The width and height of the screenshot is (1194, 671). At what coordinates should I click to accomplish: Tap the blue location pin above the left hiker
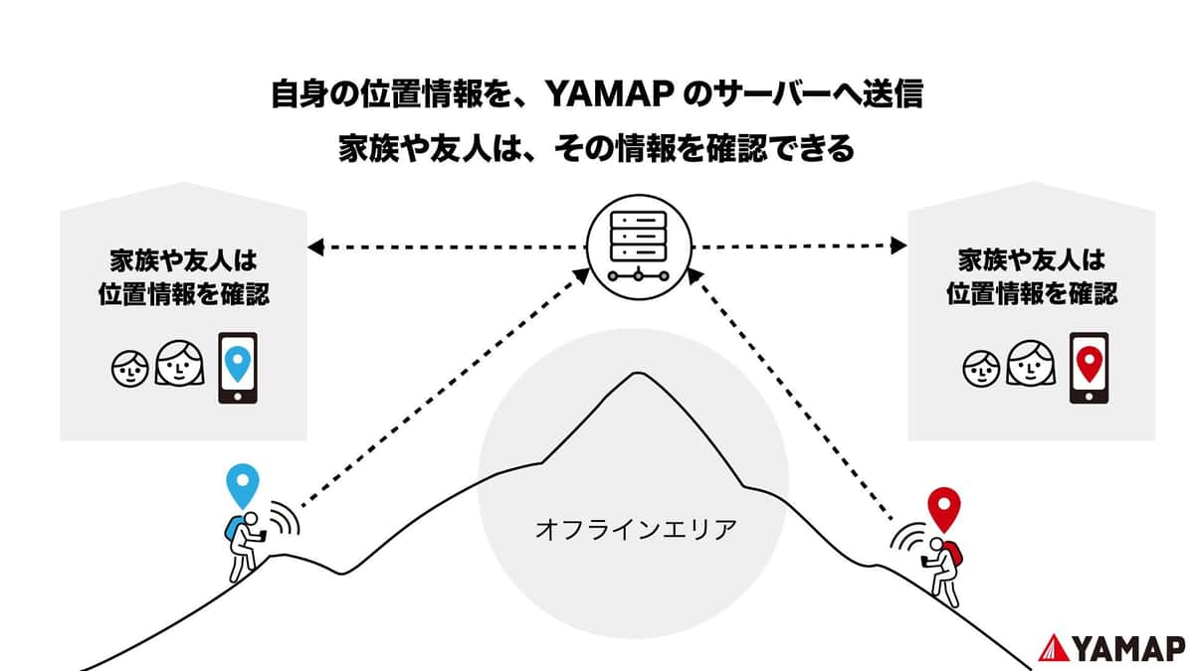click(242, 484)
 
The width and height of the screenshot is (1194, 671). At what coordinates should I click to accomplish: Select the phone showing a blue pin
click(237, 368)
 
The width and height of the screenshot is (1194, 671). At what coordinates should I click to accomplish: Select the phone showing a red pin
click(1089, 368)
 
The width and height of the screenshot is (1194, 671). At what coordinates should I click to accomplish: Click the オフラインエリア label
click(636, 527)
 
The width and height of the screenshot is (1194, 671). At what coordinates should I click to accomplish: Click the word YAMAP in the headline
click(611, 95)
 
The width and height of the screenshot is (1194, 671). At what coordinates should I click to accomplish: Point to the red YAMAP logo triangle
click(1053, 647)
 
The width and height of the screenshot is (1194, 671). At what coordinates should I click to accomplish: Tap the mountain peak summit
click(631, 375)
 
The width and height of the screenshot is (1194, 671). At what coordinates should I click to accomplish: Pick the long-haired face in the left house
click(179, 364)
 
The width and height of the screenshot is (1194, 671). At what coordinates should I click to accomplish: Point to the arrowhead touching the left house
click(315, 246)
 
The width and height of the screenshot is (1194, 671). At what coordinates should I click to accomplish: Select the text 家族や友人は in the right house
click(1032, 261)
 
